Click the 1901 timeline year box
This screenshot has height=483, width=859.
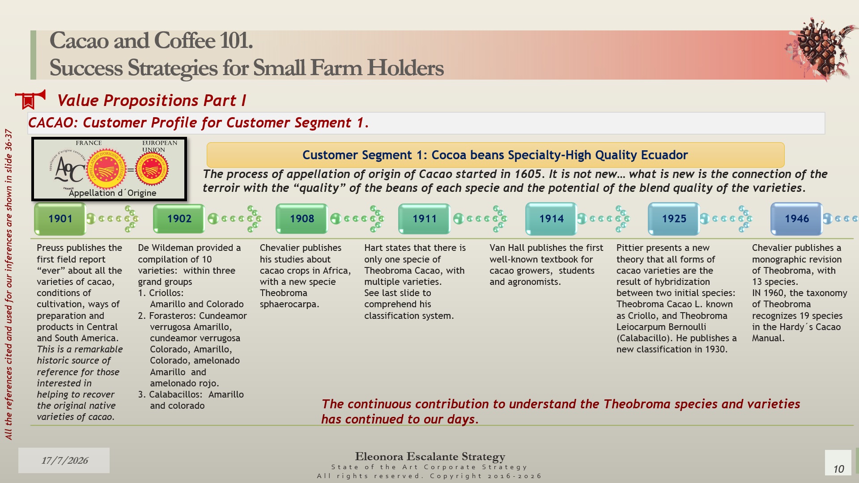(x=60, y=219)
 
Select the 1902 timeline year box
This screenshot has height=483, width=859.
(x=179, y=219)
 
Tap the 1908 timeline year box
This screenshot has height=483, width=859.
(x=302, y=219)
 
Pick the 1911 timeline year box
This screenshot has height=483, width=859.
(x=424, y=219)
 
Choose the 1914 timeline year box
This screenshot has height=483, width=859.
(x=551, y=219)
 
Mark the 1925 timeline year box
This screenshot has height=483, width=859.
(x=674, y=219)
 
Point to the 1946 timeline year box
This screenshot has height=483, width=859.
(x=796, y=219)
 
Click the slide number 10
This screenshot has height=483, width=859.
(x=838, y=469)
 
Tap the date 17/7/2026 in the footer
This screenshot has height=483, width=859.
(x=64, y=460)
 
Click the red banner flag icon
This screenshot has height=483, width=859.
(x=30, y=99)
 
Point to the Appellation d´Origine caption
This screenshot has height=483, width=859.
(x=112, y=193)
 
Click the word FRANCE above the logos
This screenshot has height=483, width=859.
(x=89, y=143)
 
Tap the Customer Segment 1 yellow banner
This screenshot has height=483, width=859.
(x=495, y=155)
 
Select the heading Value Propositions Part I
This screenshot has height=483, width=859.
(x=151, y=101)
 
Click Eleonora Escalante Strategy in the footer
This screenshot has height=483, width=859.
(x=430, y=457)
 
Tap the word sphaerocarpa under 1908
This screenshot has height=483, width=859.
(x=289, y=305)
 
